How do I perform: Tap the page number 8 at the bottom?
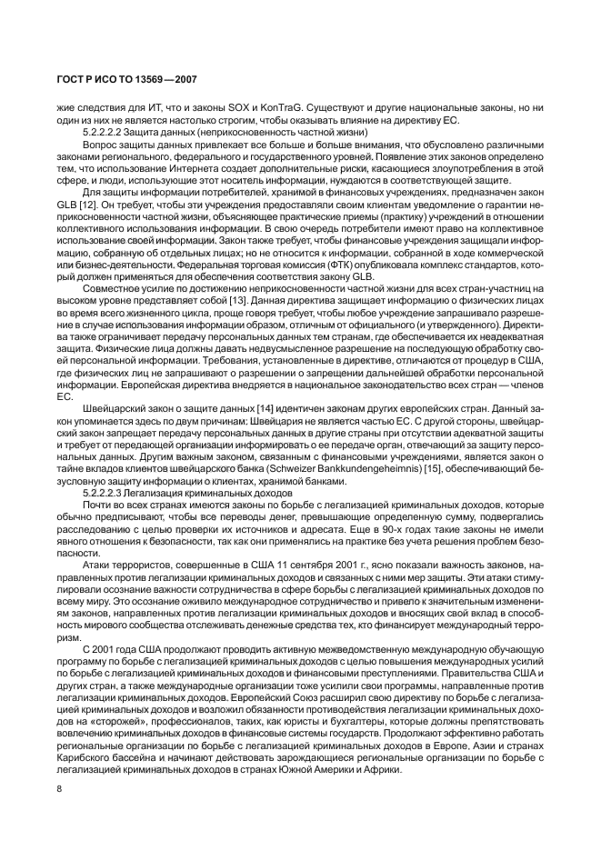[x=57, y=788]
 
